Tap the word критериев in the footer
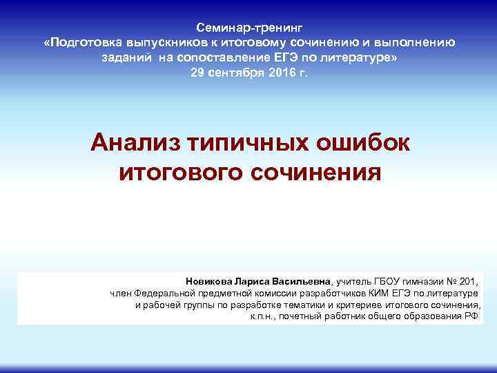pyautogui.click(x=364, y=305)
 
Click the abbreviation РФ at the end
pyautogui.click(x=471, y=316)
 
